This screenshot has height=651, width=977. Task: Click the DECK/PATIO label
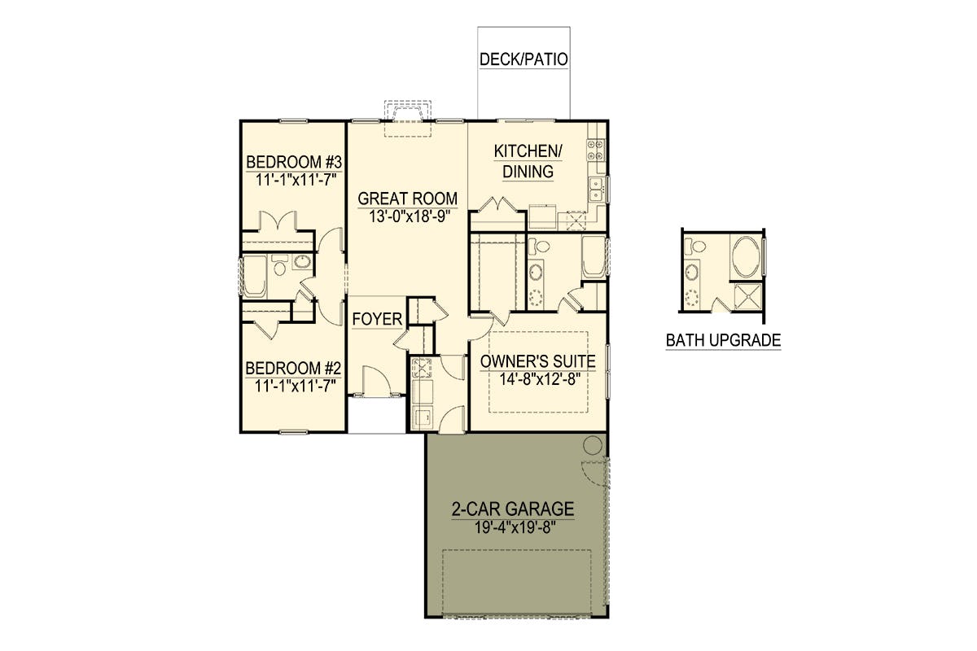524,59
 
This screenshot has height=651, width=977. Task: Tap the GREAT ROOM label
407,199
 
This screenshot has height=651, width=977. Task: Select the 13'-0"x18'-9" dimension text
409,216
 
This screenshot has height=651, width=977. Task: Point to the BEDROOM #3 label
294,162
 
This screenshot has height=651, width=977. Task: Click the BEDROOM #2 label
293,368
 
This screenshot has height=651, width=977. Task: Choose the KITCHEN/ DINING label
528,161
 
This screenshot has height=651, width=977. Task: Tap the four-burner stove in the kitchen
595,150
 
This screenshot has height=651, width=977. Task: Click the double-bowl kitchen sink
596,190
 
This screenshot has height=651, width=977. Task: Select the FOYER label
377,319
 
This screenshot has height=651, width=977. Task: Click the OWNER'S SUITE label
538,361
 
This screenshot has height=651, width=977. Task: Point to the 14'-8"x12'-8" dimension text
540,379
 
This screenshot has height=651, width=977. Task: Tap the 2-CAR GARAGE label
512,509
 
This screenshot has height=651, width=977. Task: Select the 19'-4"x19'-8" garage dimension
515,528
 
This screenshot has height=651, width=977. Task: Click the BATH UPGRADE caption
723,340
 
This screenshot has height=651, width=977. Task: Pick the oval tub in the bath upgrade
746,256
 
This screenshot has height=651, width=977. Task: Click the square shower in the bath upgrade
747,297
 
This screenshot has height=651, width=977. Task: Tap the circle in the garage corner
593,445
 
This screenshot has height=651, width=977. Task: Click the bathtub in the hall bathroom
254,277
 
